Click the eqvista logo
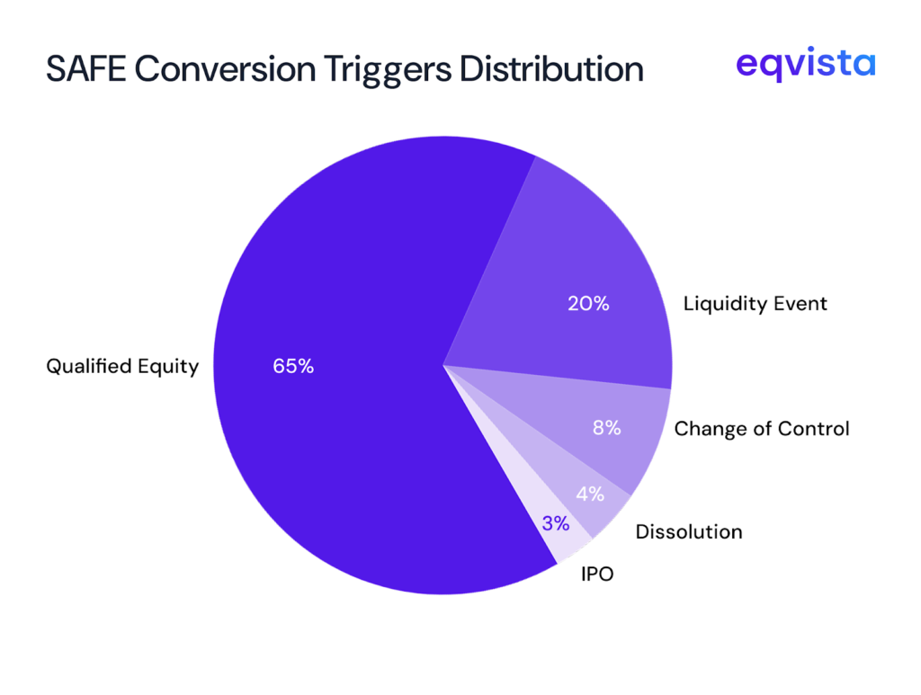[x=805, y=65]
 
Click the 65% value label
[x=293, y=367]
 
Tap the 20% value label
[x=588, y=304]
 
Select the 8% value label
[x=606, y=428]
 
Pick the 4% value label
[x=590, y=494]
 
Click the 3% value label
[x=555, y=524]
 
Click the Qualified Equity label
[x=122, y=367]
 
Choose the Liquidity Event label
[x=755, y=304]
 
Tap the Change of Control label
[x=761, y=429]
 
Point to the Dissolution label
[x=689, y=531]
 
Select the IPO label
[x=597, y=573]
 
